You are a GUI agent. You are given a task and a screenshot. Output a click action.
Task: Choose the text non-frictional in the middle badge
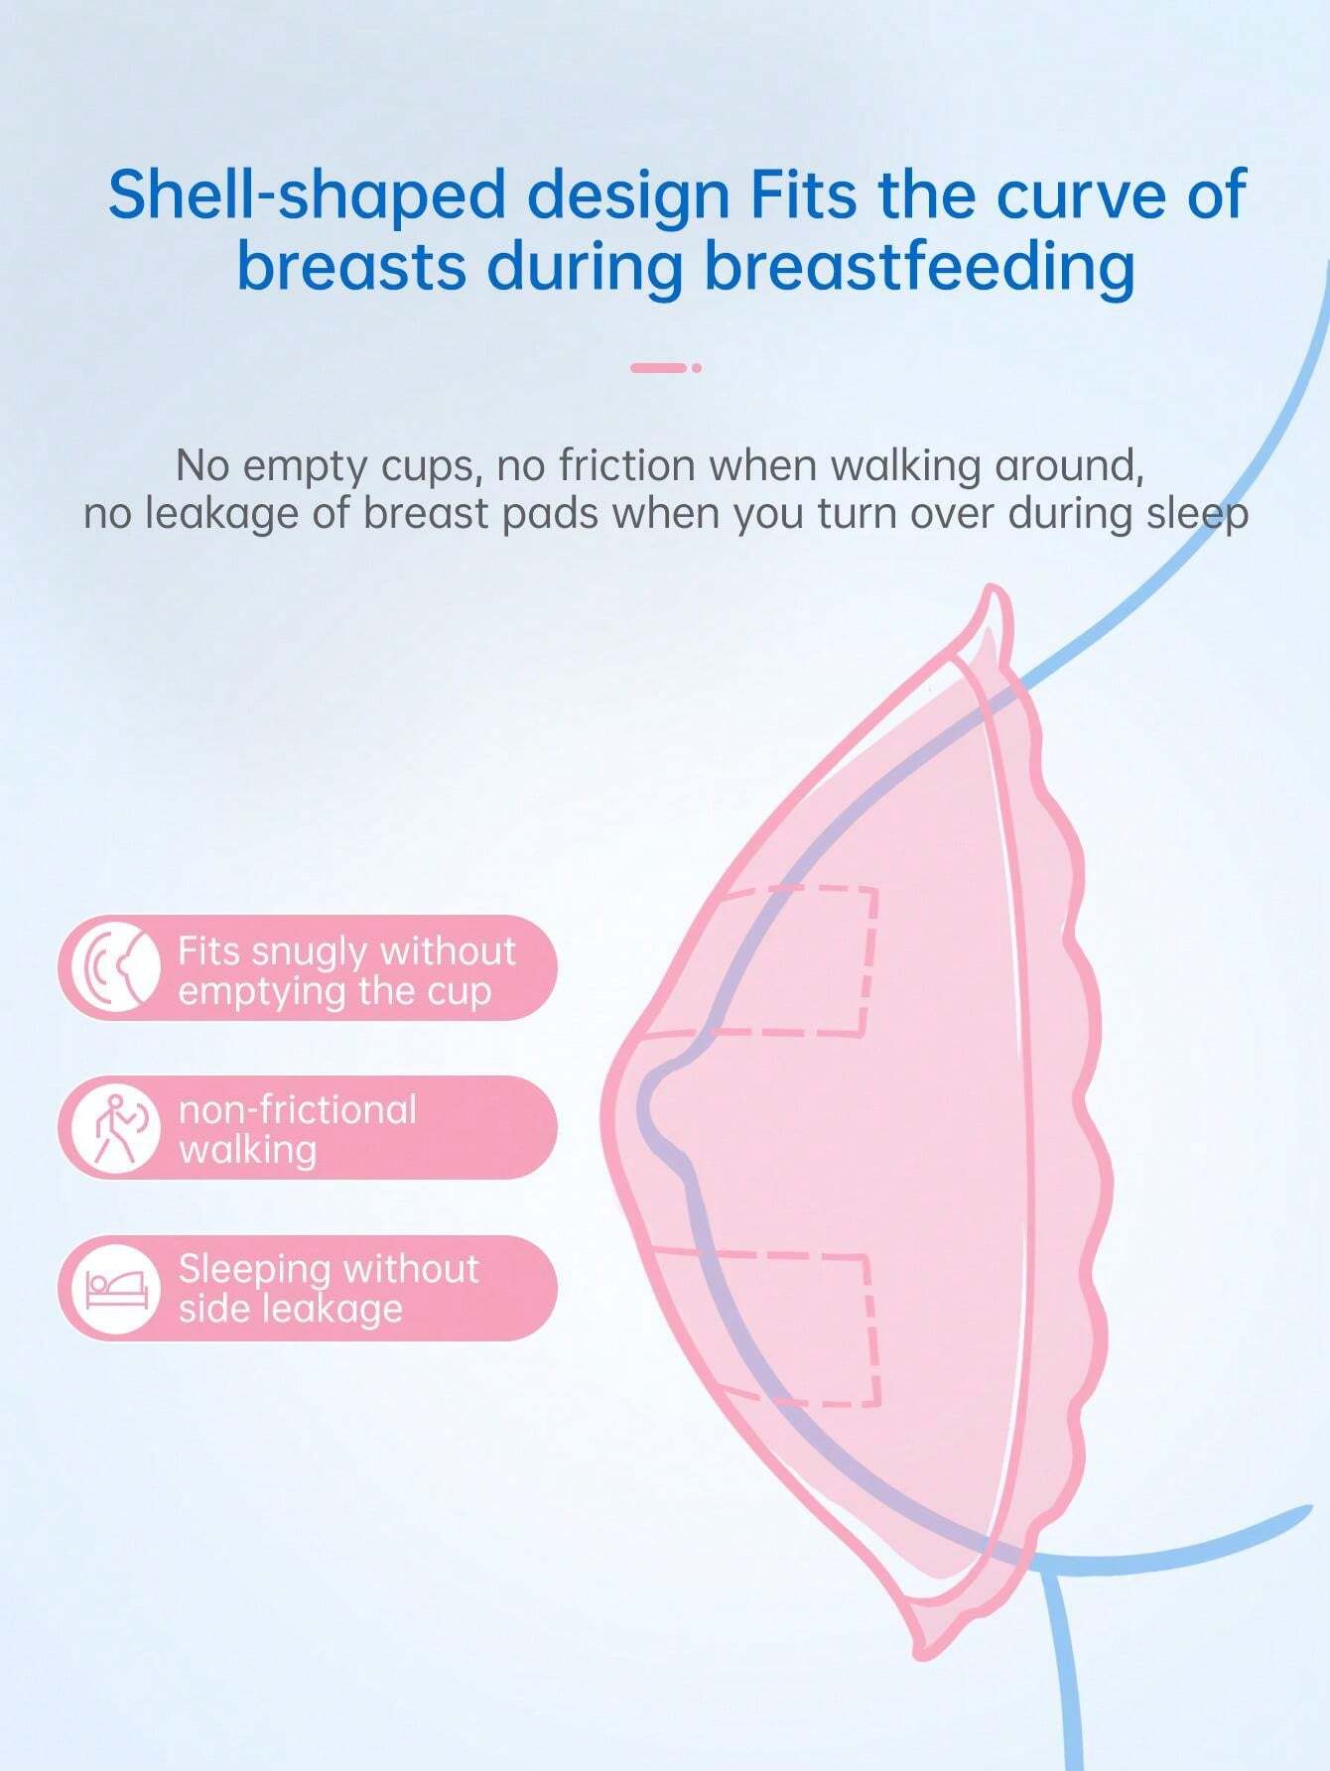(298, 1109)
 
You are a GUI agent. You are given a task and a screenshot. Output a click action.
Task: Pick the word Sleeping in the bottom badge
(254, 1269)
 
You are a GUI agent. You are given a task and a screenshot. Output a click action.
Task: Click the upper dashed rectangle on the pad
(794, 959)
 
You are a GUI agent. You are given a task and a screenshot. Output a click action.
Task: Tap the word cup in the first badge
(461, 992)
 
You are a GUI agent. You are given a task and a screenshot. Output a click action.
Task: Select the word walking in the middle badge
(247, 1150)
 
